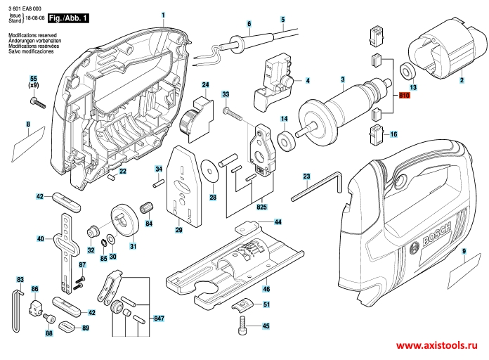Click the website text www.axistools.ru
[436, 347]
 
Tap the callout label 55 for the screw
[32, 81]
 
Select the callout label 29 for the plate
[178, 229]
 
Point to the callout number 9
[464, 251]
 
